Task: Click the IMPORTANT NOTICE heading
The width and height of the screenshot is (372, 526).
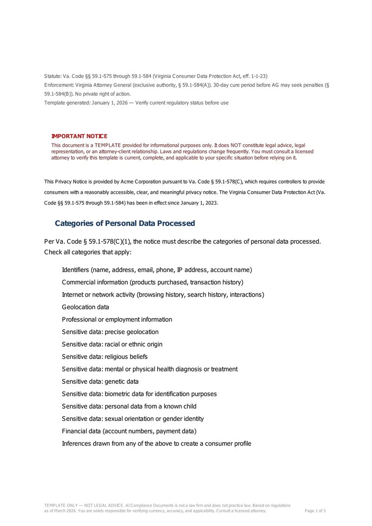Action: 79,136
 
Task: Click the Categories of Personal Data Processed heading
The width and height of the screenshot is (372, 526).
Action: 125,223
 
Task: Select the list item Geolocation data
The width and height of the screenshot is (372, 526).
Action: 86,307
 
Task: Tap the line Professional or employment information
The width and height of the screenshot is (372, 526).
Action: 117,320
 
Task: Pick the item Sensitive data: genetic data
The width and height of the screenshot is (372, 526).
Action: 100,381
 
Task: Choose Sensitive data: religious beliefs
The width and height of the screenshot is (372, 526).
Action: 105,357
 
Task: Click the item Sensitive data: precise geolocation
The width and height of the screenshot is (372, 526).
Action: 110,332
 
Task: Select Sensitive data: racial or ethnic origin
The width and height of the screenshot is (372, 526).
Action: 112,344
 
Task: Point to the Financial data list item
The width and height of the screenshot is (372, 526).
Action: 129,431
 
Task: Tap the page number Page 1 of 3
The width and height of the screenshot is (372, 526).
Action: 315,511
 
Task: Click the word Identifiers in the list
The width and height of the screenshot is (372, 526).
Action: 75,270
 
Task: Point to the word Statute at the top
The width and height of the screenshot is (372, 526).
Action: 52,76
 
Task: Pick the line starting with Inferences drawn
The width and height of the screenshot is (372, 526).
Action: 156,443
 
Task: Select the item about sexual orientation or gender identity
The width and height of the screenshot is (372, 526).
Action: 133,419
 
